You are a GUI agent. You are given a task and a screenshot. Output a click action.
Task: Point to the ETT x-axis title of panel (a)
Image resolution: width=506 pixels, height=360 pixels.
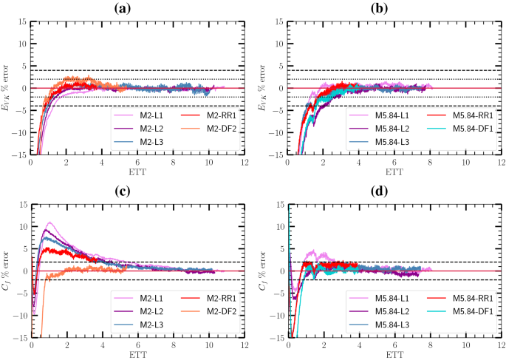click(x=137, y=172)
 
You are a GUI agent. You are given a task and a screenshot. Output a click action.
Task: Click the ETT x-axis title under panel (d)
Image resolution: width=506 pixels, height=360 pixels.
click(x=394, y=354)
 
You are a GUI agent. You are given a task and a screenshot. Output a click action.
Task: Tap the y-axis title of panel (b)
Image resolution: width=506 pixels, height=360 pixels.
click(x=264, y=88)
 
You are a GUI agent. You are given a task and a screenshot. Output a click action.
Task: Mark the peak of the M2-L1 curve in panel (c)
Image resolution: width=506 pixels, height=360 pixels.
click(x=49, y=223)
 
